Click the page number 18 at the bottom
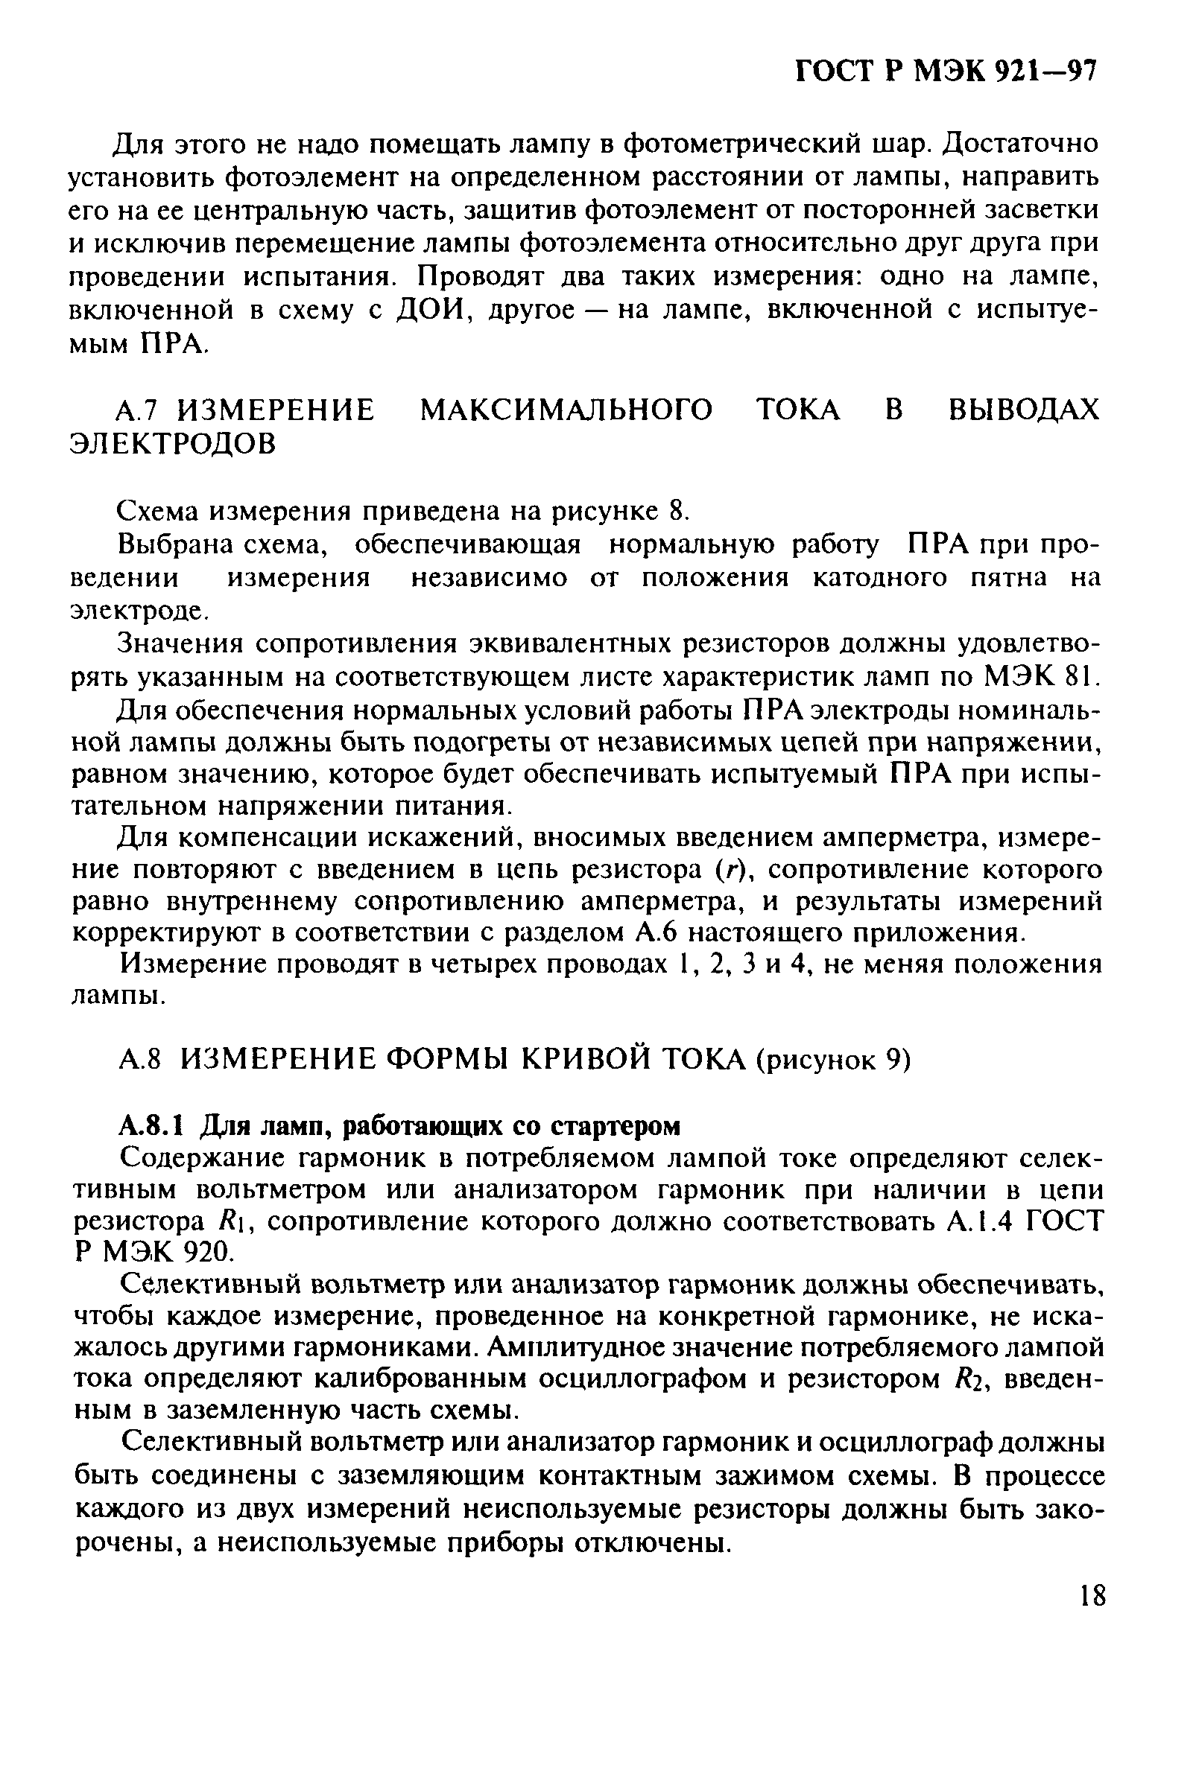point(1092,1595)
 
